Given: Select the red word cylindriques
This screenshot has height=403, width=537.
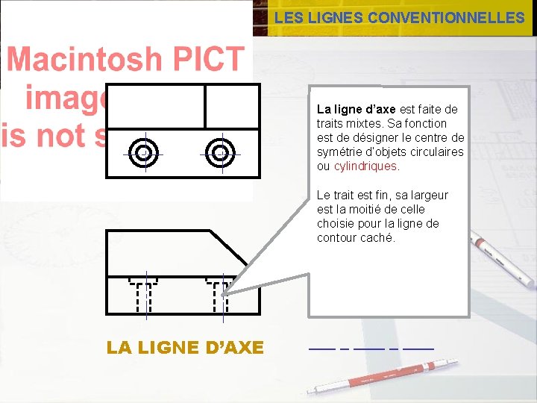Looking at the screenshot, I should click(366, 166).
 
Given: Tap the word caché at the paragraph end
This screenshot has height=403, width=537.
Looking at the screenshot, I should click(379, 238).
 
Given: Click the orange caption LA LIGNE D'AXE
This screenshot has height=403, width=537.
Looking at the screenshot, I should click(185, 348).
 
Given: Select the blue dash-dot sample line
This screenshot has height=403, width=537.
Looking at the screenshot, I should click(371, 349).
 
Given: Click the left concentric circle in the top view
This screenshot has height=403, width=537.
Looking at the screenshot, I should click(143, 153).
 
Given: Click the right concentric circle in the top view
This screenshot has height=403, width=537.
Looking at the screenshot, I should click(220, 153).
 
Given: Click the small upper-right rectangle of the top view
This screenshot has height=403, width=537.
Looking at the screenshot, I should click(232, 106).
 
